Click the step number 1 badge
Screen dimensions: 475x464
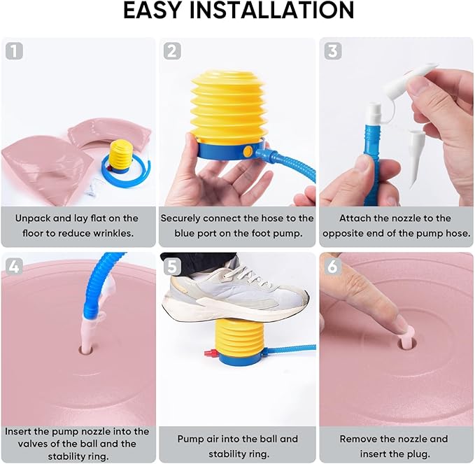(x=14, y=50)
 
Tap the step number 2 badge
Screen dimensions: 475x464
(x=172, y=50)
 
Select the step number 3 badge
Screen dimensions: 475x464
(x=333, y=50)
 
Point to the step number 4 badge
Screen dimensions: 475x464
(x=14, y=267)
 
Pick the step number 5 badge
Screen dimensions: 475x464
(x=172, y=267)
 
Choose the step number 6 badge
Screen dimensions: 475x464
(x=332, y=267)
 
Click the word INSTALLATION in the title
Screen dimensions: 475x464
(x=271, y=10)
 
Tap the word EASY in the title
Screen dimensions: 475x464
(x=153, y=10)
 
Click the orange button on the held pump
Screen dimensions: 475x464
(x=248, y=151)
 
